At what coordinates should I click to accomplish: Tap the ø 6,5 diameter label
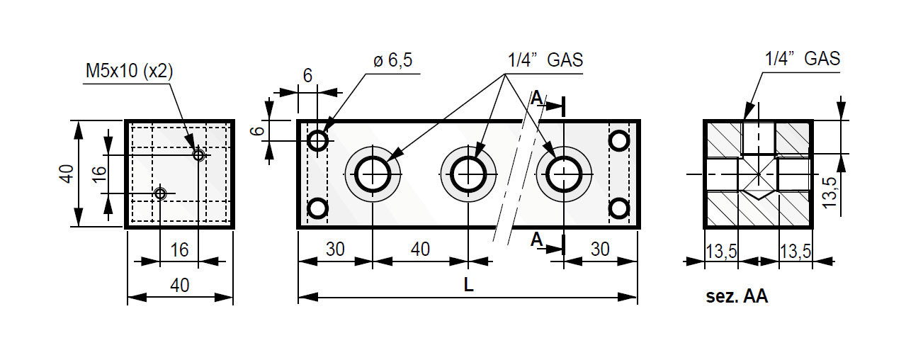pyautogui.click(x=392, y=61)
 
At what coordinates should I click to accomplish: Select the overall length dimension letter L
pyautogui.click(x=468, y=285)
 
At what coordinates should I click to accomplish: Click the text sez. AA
pyautogui.click(x=737, y=297)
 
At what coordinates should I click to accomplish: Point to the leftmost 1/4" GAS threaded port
pyautogui.click(x=372, y=173)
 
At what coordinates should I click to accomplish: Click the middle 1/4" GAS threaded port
pyautogui.click(x=468, y=173)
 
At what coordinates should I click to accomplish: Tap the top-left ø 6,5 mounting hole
pyautogui.click(x=318, y=140)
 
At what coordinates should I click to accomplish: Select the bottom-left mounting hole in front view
pyautogui.click(x=318, y=209)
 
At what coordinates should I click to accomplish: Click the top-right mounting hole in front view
pyautogui.click(x=620, y=140)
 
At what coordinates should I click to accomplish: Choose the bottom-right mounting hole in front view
pyautogui.click(x=620, y=209)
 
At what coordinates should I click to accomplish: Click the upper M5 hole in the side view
pyautogui.click(x=198, y=154)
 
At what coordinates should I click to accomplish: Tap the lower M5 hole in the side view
pyautogui.click(x=161, y=193)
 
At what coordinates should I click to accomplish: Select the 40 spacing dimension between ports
pyautogui.click(x=420, y=249)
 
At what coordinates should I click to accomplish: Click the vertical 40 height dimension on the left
pyautogui.click(x=66, y=174)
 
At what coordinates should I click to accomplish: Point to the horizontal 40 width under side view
pyautogui.click(x=180, y=286)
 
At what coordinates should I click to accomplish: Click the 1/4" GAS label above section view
pyautogui.click(x=803, y=59)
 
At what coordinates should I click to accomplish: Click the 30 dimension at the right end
pyautogui.click(x=600, y=249)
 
